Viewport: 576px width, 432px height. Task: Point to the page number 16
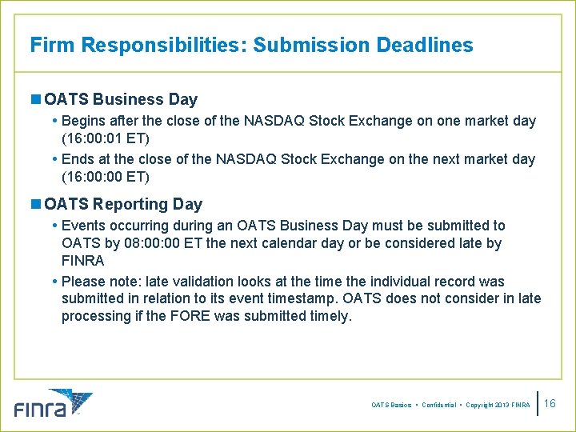(550, 404)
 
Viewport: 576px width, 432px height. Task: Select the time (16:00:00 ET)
(105, 177)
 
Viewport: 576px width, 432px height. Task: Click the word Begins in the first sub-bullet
(84, 122)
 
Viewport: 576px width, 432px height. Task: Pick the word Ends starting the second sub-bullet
(78, 159)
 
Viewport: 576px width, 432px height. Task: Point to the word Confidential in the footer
(438, 406)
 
